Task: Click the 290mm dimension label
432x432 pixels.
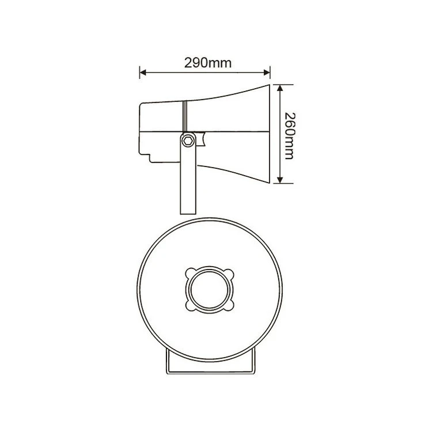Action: click(208, 63)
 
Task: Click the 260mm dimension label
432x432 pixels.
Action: click(289, 136)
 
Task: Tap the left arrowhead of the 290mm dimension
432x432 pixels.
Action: click(143, 73)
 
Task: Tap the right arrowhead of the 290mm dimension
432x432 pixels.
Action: click(267, 73)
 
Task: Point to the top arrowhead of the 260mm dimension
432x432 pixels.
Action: click(280, 88)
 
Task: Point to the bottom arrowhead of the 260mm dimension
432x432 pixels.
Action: click(280, 180)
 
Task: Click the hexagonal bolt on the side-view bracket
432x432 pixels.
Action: click(188, 141)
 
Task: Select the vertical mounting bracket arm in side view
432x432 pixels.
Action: click(188, 173)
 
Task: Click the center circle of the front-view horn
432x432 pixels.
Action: click(210, 289)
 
